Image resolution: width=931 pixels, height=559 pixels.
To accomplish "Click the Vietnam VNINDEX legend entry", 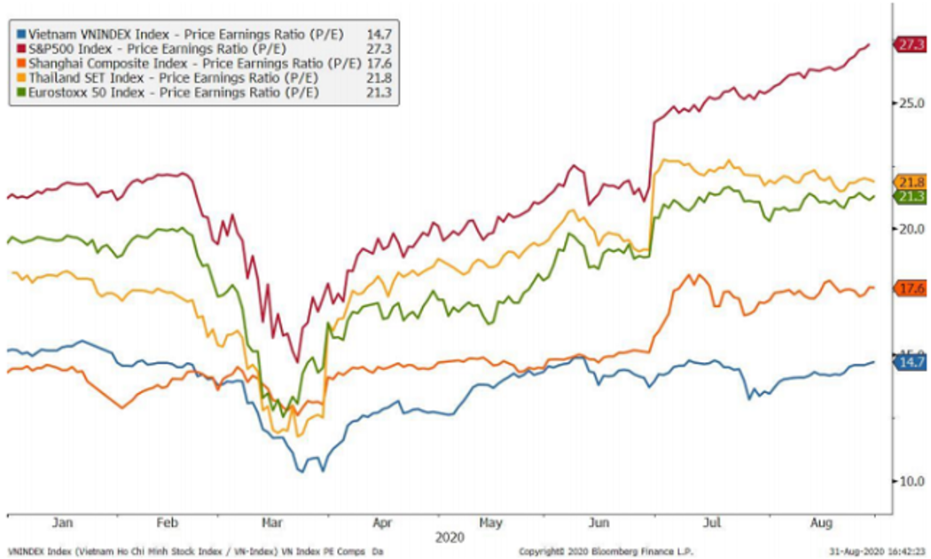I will pyautogui.click(x=185, y=35).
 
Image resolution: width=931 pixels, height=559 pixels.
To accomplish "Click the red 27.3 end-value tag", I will pyautogui.click(x=911, y=45).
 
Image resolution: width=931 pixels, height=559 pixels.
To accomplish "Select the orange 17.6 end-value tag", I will pyautogui.click(x=912, y=288).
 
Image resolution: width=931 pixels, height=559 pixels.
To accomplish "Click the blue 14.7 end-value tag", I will pyautogui.click(x=912, y=362).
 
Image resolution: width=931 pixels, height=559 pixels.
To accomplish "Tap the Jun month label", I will pyautogui.click(x=600, y=524).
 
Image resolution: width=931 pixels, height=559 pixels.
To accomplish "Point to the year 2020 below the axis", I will pyautogui.click(x=450, y=537).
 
